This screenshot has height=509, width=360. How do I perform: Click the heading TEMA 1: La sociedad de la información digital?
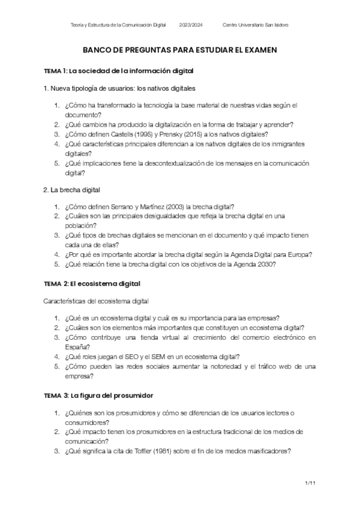click(118, 71)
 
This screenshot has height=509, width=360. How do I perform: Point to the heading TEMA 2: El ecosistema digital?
click(92, 283)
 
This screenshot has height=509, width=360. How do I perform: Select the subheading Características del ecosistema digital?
click(96, 300)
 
